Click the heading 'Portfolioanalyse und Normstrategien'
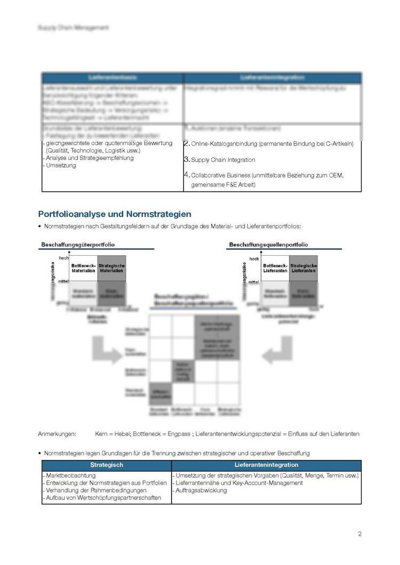[115, 214]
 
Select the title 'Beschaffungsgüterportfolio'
[78, 245]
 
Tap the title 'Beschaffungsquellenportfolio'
[268, 245]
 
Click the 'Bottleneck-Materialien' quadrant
[83, 268]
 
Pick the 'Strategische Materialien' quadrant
[112, 268]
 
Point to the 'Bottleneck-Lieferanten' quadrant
[275, 268]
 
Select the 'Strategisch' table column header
[107, 465]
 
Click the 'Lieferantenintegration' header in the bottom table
[266, 465]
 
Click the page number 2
[359, 534]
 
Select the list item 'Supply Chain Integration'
[223, 160]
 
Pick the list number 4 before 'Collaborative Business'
[187, 174]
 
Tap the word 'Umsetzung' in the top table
[61, 165]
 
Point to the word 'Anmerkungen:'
[57, 434]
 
